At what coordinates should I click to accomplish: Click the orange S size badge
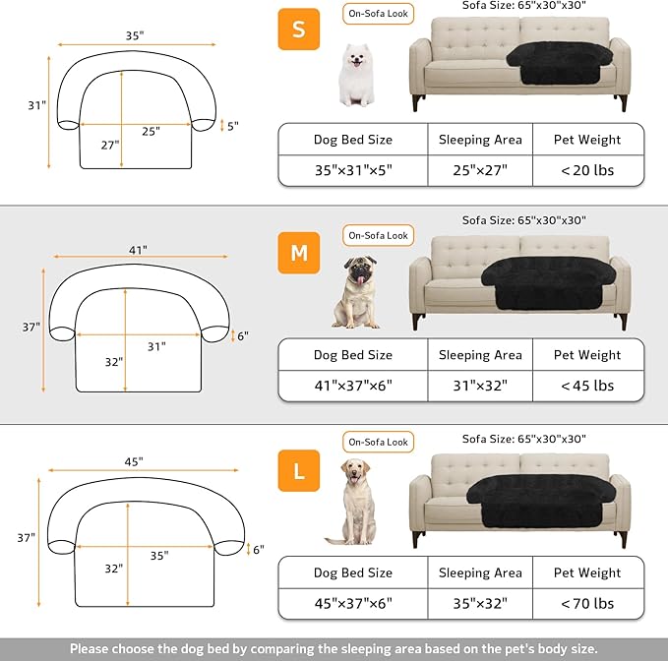pos(297,29)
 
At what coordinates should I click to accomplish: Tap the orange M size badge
pos(298,254)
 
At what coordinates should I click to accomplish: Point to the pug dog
pos(355,291)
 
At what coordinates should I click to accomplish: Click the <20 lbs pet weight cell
pos(587,170)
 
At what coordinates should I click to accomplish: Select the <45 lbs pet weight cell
pos(587,386)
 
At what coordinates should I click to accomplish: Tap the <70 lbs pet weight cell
pos(587,603)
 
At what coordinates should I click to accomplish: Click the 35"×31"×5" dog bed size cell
pos(352,170)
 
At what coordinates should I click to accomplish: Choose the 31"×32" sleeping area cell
pos(480,386)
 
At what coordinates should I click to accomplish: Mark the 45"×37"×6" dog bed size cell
pos(352,603)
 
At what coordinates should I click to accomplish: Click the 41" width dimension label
pos(137,251)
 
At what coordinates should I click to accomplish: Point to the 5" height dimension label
pos(232,126)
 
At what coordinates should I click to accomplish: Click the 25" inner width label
pos(150,132)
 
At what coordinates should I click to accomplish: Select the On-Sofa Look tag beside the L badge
pos(378,443)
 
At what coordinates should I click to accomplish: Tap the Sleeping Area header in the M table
pos(480,355)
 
